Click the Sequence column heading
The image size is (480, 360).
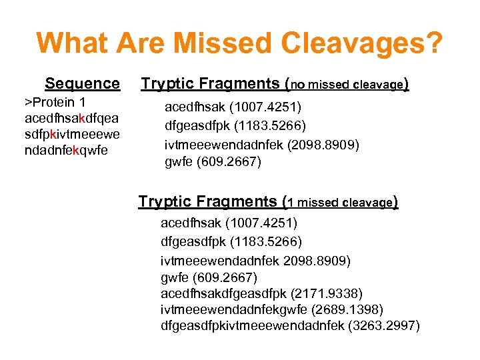point(82,84)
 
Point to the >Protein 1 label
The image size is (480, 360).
point(55,102)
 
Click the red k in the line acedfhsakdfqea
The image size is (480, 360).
point(81,118)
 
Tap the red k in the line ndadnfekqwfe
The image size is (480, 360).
point(77,150)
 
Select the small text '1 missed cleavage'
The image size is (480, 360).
point(340,203)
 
